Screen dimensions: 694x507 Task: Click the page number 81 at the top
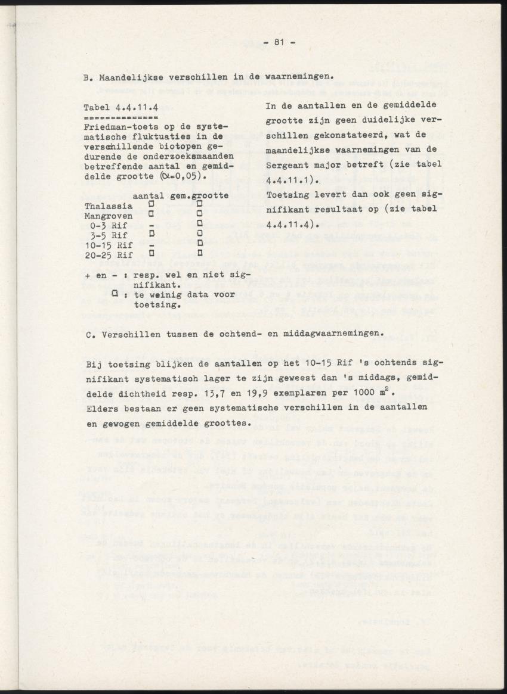pos(278,41)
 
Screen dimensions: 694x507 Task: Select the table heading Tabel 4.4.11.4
pos(121,108)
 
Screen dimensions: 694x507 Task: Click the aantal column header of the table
pos(149,196)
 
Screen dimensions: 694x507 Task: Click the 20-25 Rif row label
pos(109,254)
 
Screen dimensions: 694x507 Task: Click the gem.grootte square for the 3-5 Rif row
pos(200,235)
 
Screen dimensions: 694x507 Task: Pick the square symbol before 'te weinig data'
pos(115,293)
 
